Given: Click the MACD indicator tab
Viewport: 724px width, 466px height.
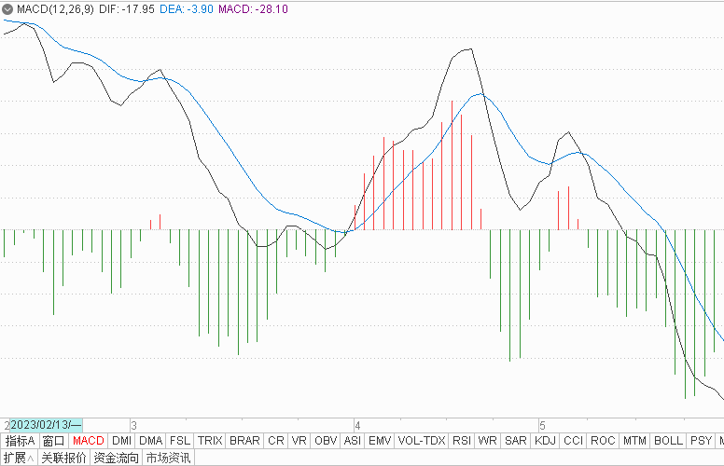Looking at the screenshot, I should (89, 441).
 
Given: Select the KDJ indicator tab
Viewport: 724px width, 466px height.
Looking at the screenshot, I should (545, 441).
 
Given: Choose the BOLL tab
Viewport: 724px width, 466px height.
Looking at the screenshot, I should (668, 441).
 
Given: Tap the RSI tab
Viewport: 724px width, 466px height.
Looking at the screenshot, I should (461, 441).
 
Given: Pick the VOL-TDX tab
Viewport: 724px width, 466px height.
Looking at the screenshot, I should (422, 441).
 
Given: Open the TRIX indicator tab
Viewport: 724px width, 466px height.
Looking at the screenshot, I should (210, 441).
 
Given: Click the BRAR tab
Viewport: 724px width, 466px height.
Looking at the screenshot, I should (244, 441).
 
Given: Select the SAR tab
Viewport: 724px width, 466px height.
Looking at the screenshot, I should (515, 441).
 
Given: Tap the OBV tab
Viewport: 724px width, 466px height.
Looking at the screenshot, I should (326, 441).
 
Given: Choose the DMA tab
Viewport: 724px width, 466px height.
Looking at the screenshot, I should (150, 441).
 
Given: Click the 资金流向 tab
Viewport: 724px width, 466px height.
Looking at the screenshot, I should (117, 458).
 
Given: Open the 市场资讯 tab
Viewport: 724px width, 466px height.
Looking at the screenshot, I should (168, 458).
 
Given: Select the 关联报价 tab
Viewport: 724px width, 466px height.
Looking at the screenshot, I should (64, 458).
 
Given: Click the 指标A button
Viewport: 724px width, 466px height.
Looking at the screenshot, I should (20, 441).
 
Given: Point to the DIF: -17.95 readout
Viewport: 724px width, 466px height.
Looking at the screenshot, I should (123, 8).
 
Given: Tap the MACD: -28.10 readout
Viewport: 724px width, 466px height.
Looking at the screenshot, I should (253, 8).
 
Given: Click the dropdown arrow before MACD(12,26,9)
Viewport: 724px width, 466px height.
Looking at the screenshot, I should (8, 8).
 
